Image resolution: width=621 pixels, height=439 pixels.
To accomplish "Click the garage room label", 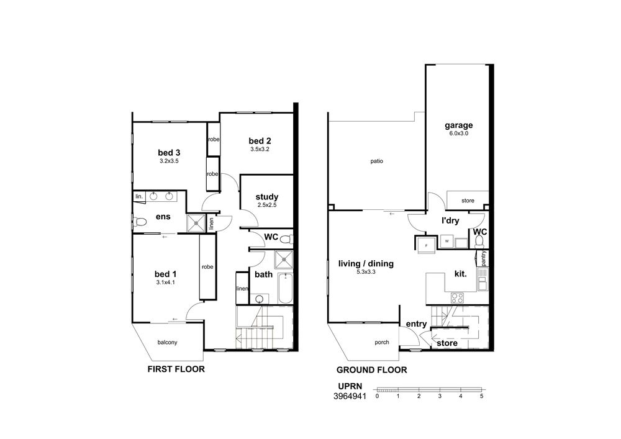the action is [459, 125].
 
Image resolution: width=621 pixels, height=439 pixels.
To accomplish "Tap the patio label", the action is [377, 161].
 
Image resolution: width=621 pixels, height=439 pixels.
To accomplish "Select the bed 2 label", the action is [260, 141].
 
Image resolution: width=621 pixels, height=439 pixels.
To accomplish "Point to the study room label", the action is [266, 197].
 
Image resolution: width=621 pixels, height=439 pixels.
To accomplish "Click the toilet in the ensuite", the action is [139, 222].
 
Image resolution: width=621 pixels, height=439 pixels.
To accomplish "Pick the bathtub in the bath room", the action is [285, 289].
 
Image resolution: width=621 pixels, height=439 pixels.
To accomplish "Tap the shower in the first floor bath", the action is [284, 260].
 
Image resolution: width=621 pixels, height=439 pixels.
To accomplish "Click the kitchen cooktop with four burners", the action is [458, 297].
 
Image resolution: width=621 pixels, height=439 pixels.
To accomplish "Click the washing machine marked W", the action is [446, 241].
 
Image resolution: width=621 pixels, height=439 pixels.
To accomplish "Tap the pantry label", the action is [484, 258].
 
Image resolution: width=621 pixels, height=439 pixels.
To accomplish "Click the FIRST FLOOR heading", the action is [176, 369].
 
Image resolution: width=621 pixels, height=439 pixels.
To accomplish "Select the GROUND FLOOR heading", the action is [371, 370].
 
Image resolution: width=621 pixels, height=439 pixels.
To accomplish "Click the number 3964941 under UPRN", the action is [350, 396].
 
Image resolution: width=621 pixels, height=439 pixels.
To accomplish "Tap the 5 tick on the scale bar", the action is [482, 396].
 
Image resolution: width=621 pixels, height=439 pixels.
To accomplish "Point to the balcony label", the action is [167, 342].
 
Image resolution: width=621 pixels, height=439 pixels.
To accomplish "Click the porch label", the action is [382, 342].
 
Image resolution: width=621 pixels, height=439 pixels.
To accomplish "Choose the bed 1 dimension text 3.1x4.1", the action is [166, 283].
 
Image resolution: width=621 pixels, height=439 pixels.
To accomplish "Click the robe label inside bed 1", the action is [207, 267].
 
